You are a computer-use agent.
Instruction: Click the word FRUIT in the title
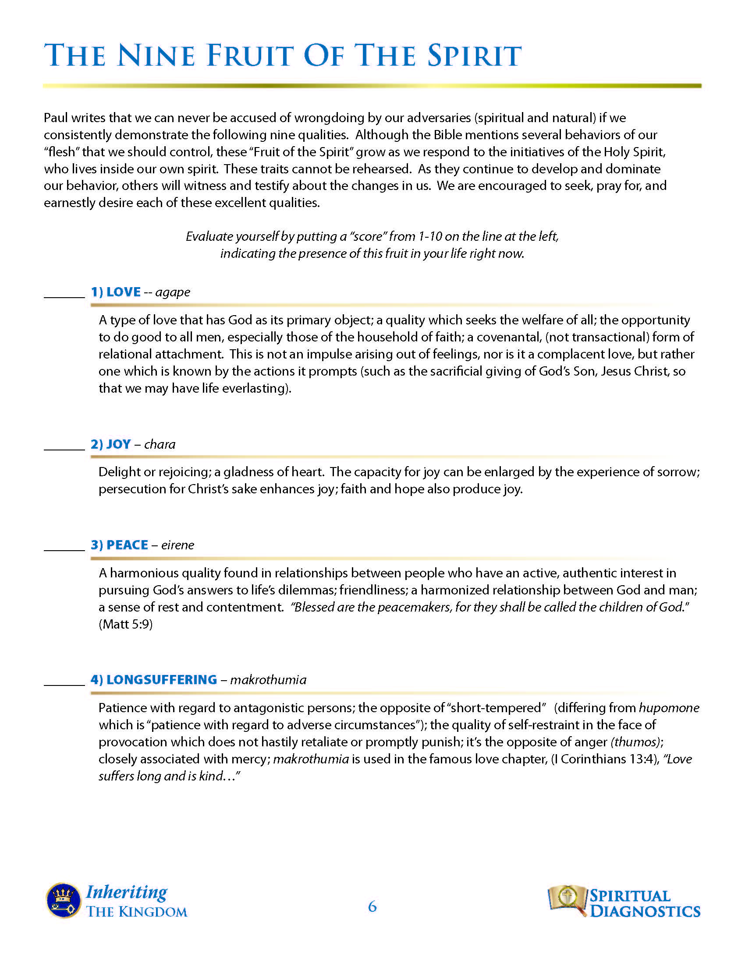click(x=249, y=56)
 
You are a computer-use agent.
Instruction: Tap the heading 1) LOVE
click(x=116, y=292)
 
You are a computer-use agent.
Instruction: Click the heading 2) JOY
click(x=111, y=444)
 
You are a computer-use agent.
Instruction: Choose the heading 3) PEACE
click(x=119, y=545)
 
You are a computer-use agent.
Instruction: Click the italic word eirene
click(x=177, y=545)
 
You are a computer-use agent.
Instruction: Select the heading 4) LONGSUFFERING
click(x=153, y=679)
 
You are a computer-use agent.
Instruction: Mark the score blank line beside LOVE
click(x=64, y=297)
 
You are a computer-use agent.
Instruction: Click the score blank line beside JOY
click(x=64, y=449)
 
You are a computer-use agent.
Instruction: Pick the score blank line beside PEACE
click(x=64, y=550)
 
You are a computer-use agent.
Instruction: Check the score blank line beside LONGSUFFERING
click(x=64, y=684)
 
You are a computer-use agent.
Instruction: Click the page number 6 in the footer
click(x=372, y=907)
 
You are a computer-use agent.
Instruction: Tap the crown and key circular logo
click(x=63, y=900)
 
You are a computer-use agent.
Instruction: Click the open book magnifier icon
click(x=567, y=898)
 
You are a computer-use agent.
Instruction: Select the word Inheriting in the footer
click(x=127, y=892)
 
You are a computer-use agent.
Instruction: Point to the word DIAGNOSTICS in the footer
click(x=645, y=911)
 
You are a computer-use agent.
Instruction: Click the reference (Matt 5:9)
click(x=125, y=624)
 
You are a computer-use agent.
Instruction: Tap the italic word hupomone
click(x=669, y=708)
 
